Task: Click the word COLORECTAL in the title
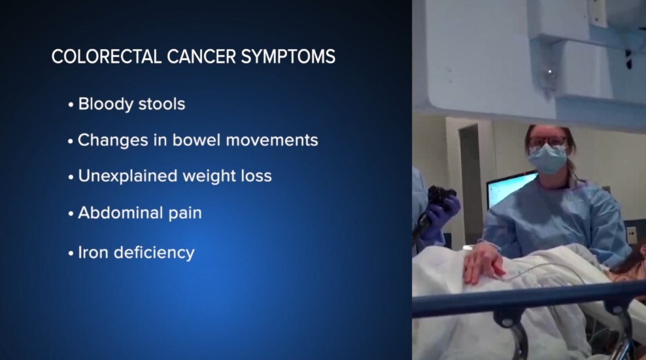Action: click(106, 56)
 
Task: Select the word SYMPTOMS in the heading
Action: click(288, 56)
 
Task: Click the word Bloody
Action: click(105, 105)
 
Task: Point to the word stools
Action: click(162, 104)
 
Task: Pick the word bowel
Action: click(196, 140)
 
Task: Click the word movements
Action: click(272, 140)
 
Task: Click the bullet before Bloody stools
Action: click(71, 105)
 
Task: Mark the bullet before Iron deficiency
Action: click(71, 254)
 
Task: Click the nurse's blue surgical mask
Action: click(547, 159)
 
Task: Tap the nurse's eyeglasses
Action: click(547, 141)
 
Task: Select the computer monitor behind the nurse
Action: click(510, 190)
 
